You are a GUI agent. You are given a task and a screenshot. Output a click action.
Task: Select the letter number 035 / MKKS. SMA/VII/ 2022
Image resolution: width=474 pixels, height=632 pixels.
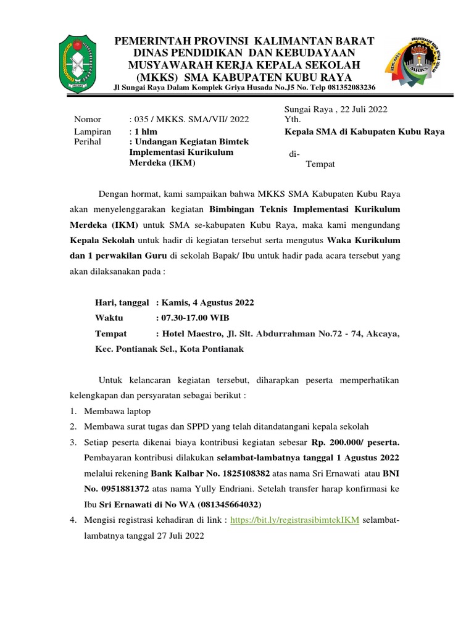tap(189, 120)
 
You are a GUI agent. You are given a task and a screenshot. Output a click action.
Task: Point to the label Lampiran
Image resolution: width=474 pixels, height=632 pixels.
tap(93, 131)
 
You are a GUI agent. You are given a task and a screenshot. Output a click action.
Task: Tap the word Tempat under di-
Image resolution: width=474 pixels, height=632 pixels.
tap(320, 164)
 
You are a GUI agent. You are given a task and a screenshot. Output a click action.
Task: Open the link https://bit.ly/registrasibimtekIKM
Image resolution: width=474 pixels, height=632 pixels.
tap(295, 520)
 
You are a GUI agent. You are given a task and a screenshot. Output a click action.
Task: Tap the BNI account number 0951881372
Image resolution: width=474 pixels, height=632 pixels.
tap(122, 489)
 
